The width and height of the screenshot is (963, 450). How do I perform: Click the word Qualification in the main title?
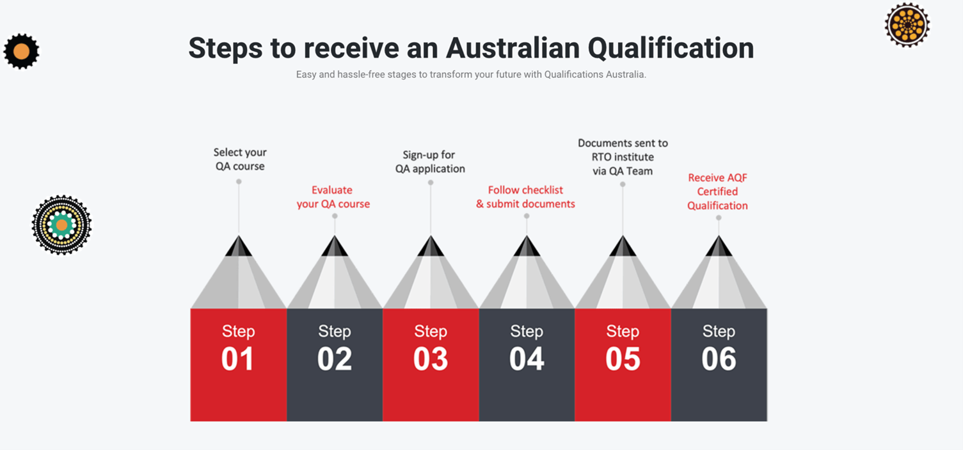(x=671, y=48)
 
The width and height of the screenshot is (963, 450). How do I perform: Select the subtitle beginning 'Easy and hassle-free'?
(x=471, y=74)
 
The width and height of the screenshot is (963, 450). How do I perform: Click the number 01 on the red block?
(x=238, y=359)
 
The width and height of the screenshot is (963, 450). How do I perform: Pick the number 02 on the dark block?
(x=335, y=359)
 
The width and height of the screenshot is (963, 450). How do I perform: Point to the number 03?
(x=431, y=359)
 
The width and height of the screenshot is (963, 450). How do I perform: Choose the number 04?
(x=527, y=359)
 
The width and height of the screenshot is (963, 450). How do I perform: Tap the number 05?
(x=623, y=359)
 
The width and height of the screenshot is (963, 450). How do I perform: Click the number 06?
(x=719, y=359)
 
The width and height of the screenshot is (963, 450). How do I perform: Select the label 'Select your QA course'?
(x=240, y=159)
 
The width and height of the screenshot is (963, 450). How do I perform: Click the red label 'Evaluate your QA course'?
(x=333, y=197)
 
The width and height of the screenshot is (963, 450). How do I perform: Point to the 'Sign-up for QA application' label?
(x=430, y=162)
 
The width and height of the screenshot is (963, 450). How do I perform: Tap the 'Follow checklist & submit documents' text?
(x=525, y=197)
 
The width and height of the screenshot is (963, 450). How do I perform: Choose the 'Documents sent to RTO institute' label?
(x=623, y=157)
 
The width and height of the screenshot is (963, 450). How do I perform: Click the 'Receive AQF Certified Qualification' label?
(x=717, y=191)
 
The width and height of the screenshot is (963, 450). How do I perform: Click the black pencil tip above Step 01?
(x=239, y=246)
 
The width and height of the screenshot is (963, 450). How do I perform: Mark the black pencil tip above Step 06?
(x=719, y=246)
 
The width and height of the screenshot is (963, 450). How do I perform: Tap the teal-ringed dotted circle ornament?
(x=61, y=225)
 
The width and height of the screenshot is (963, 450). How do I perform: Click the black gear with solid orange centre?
(x=21, y=51)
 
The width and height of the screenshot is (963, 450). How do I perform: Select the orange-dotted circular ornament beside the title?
(x=907, y=24)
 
